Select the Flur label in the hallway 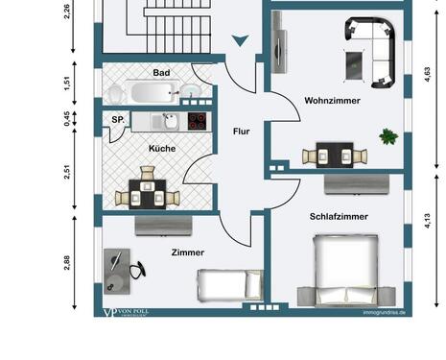(241, 131)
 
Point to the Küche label (161, 148)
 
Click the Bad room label (161, 72)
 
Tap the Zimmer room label (188, 252)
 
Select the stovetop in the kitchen (197, 121)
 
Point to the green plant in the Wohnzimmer (387, 135)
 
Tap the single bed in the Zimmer (228, 284)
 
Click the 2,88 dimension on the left (67, 263)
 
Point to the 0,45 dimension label (67, 119)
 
